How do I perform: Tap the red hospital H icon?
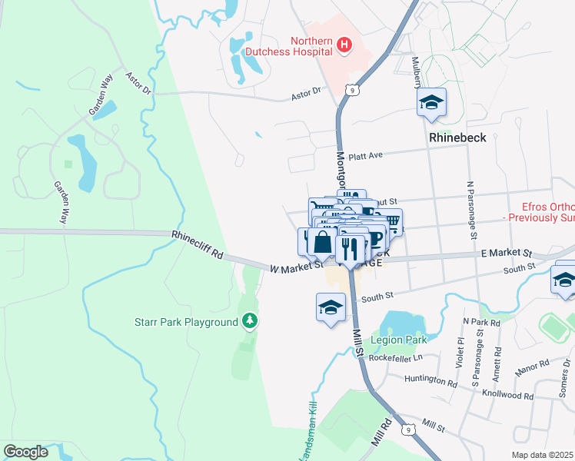pos(344,46)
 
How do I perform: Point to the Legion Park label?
pos(398,340)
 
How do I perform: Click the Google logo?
pos(25,452)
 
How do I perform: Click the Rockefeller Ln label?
pos(396,357)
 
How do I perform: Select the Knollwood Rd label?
pos(507,395)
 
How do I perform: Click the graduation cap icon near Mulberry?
pos(431,102)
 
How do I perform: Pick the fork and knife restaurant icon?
pos(350,249)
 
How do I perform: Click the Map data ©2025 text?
pos(542,454)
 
